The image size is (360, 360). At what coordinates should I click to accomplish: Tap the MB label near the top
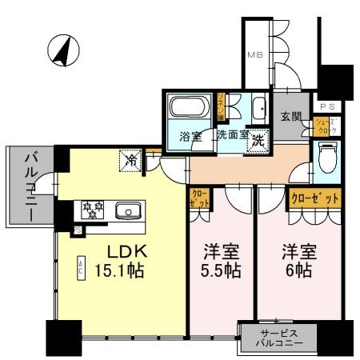point(254,55)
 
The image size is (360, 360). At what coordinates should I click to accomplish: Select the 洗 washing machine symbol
point(258,138)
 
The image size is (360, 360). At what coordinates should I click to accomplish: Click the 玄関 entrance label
point(290,117)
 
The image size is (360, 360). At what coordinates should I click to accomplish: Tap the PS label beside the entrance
point(328,106)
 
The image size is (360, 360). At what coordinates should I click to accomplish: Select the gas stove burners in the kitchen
point(90,211)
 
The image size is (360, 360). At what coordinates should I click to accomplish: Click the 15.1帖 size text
point(118,271)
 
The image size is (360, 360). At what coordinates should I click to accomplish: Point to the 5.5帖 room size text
point(220,271)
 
